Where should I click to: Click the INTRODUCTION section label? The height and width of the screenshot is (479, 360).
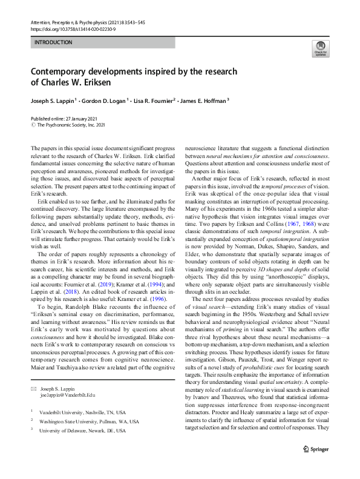coord(53,42)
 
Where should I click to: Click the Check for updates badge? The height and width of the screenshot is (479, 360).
coord(320,48)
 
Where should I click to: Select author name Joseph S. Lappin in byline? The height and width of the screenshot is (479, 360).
coord(53,101)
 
